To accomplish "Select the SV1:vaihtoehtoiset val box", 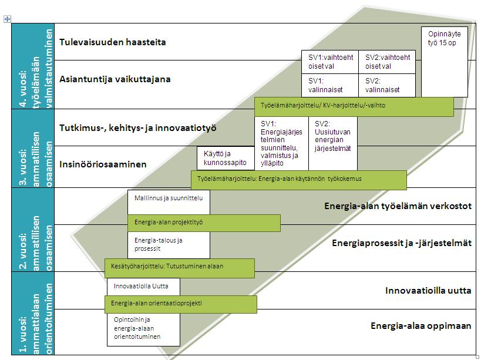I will (x=329, y=62).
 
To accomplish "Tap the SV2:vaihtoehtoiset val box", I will (x=386, y=62).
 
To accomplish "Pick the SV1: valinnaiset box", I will (x=329, y=85).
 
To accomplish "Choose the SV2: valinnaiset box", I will (x=386, y=85).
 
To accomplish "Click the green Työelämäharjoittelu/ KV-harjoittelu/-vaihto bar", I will (x=354, y=106).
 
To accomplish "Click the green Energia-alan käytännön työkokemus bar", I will (x=298, y=180).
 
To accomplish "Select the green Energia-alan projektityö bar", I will (x=204, y=223).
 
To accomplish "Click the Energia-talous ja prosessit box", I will (x=169, y=244).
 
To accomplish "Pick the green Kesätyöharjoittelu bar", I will (x=179, y=267).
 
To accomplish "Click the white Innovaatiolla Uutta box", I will (x=143, y=287).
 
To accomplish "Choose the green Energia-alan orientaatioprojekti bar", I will (x=180, y=304).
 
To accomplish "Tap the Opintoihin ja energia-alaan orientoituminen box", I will (x=143, y=329).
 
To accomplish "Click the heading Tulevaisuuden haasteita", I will (x=113, y=42).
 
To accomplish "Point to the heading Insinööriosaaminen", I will (x=103, y=164).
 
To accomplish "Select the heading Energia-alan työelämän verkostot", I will (x=398, y=206).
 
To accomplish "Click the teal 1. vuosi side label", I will (x=33, y=313).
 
